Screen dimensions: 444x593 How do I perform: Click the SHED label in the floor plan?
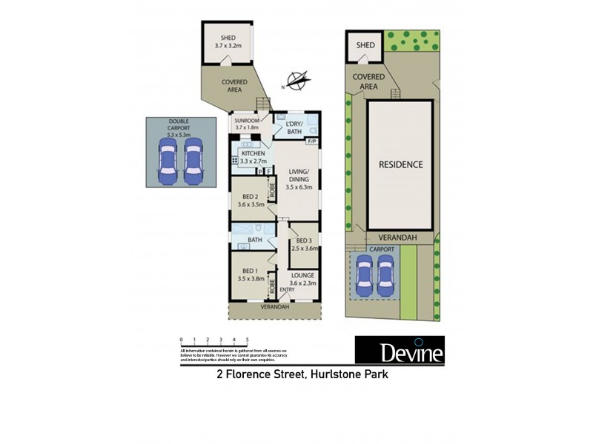point(228,41)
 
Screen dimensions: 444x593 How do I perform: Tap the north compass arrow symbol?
point(296,80)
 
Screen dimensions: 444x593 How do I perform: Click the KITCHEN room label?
point(253,156)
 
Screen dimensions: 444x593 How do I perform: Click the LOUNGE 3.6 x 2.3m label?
point(302,277)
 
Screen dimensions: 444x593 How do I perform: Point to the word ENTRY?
point(288,289)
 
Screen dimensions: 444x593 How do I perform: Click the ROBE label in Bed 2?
point(272,191)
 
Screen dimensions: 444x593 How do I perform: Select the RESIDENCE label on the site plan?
point(401,164)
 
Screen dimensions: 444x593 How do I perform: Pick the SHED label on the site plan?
point(366,45)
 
